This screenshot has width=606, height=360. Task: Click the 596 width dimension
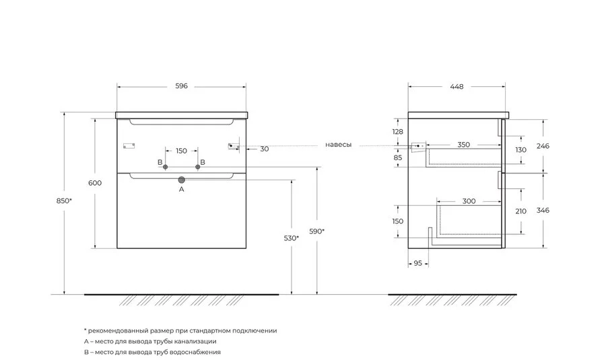(x=181, y=86)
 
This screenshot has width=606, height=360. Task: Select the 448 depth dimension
(x=457, y=87)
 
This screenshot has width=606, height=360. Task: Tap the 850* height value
(x=64, y=201)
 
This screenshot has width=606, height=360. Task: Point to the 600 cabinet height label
(x=95, y=183)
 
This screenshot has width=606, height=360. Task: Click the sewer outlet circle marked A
(x=182, y=180)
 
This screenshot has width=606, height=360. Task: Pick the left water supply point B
(x=166, y=167)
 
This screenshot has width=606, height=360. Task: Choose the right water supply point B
(x=198, y=167)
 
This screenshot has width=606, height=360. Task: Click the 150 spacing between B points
(x=181, y=151)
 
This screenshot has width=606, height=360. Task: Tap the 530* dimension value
(x=292, y=238)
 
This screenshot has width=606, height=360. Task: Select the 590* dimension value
(x=317, y=231)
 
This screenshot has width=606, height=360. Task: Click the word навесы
(x=339, y=145)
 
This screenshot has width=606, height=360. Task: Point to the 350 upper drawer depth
(x=464, y=145)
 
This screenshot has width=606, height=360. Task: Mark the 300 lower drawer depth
(x=469, y=201)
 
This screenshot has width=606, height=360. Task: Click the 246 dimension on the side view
(x=543, y=146)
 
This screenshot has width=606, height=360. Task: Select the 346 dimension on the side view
(x=543, y=211)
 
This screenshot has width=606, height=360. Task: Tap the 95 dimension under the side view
(x=417, y=263)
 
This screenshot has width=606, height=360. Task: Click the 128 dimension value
(x=397, y=132)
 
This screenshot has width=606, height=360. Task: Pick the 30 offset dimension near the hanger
(x=265, y=149)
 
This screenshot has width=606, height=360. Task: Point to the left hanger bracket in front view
(x=129, y=146)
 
